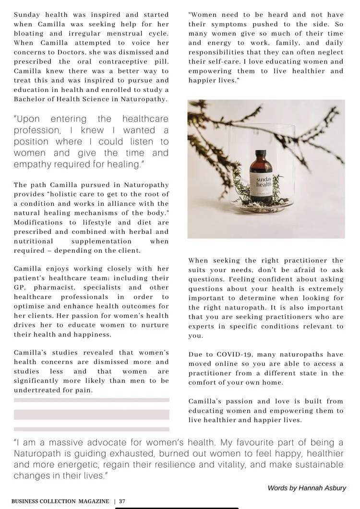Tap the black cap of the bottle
click(x=261, y=155)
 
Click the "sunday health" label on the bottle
click(x=263, y=181)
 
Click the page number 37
click(x=122, y=501)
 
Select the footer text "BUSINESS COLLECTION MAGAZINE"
click(x=60, y=501)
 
